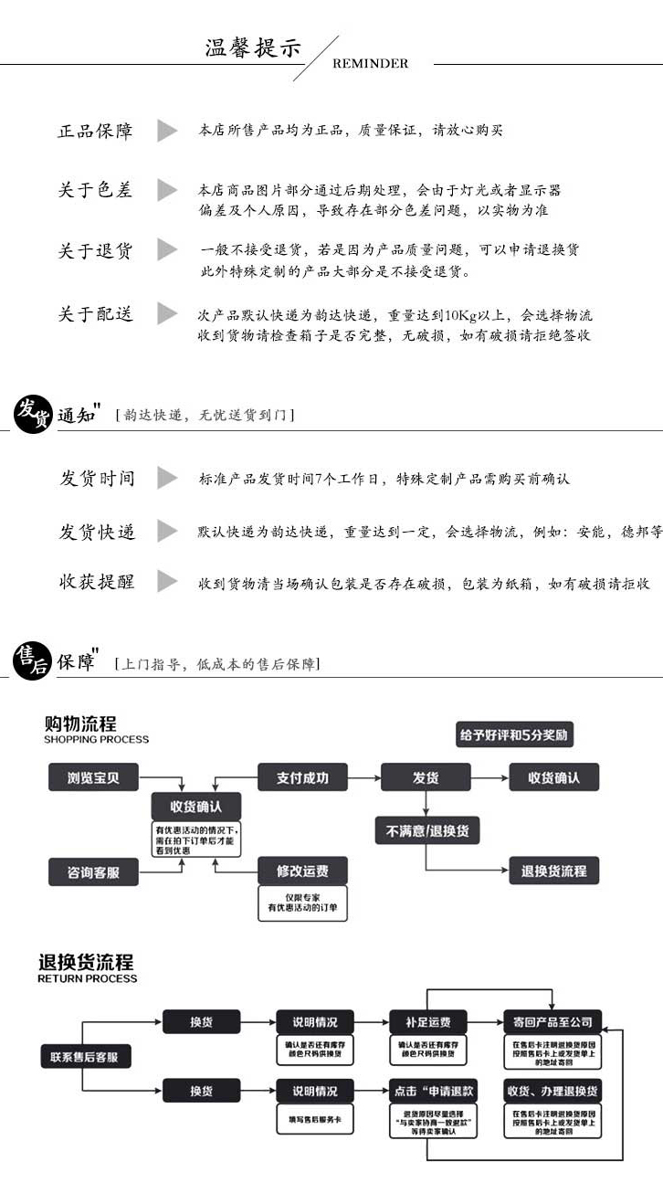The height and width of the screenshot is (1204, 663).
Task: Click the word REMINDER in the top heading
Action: pyautogui.click(x=370, y=64)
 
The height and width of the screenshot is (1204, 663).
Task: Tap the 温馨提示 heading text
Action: pyautogui.click(x=253, y=48)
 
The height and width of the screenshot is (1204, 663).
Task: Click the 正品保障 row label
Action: pyautogui.click(x=95, y=131)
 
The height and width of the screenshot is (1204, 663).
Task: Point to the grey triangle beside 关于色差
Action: pyautogui.click(x=166, y=190)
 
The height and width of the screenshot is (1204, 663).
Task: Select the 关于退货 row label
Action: pyautogui.click(x=95, y=250)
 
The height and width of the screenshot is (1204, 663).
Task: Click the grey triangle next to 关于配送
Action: pyautogui.click(x=166, y=313)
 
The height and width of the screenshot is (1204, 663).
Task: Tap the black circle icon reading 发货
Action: pyautogui.click(x=33, y=414)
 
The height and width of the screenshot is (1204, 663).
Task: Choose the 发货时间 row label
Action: pyautogui.click(x=97, y=478)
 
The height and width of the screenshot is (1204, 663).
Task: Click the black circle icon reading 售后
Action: pyautogui.click(x=32, y=660)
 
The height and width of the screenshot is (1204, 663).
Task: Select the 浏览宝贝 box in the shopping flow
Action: pyautogui.click(x=93, y=778)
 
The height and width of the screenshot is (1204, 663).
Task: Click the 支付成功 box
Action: pyautogui.click(x=302, y=778)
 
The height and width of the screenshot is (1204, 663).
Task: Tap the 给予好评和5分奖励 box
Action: pyautogui.click(x=515, y=734)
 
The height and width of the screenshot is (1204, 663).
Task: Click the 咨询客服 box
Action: pyautogui.click(x=93, y=872)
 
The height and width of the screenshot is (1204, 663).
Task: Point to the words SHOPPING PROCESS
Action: pyautogui.click(x=96, y=739)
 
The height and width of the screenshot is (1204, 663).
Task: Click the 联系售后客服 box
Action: pyautogui.click(x=86, y=1057)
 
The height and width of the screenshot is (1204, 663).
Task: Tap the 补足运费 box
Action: pyautogui.click(x=427, y=1021)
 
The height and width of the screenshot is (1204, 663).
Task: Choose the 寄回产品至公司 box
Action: pyautogui.click(x=552, y=1021)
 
